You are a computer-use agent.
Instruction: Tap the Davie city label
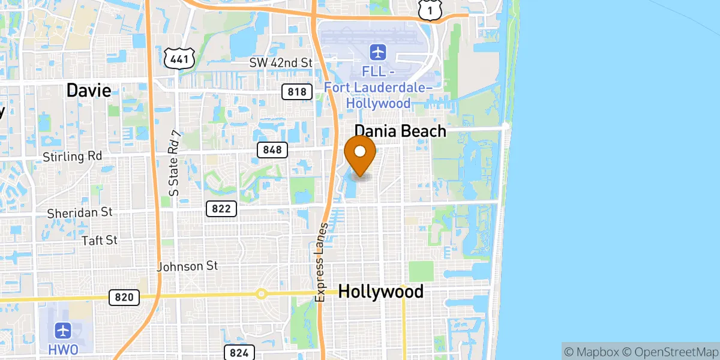[89, 91]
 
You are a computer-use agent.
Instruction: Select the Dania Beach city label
[400, 131]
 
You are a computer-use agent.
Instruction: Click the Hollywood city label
[381, 292]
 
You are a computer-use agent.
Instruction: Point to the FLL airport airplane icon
[378, 52]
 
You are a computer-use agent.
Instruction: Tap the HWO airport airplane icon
[64, 330]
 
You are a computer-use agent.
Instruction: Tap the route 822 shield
[221, 209]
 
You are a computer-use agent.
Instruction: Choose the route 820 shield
[124, 297]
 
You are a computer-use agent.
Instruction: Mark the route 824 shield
[239, 352]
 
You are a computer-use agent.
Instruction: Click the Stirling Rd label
[73, 157]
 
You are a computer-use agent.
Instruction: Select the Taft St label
[100, 240]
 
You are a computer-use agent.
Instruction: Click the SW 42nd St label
[281, 63]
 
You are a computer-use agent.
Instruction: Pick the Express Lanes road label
[321, 262]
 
